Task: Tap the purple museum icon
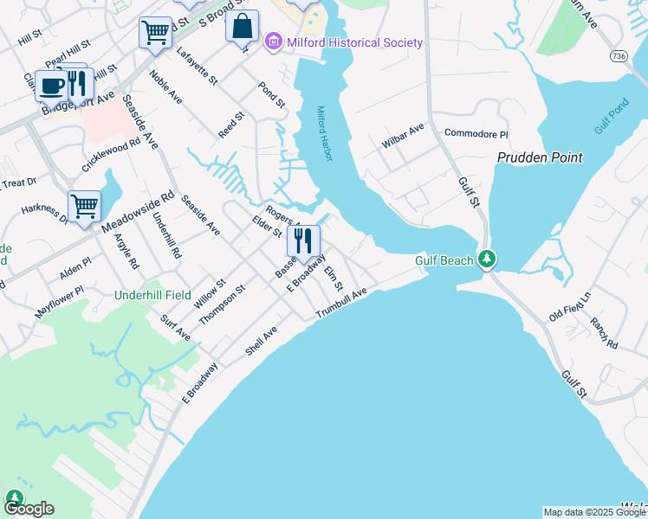[274, 42]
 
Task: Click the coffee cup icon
[51, 86]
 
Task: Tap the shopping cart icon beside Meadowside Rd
[85, 206]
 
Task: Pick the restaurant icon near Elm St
[303, 240]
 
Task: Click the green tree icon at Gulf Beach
[488, 259]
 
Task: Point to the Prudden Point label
[540, 157]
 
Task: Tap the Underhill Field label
[153, 295]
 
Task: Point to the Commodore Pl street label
[476, 134]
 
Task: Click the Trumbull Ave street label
[341, 304]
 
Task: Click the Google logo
[29, 509]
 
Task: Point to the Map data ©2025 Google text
[593, 512]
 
